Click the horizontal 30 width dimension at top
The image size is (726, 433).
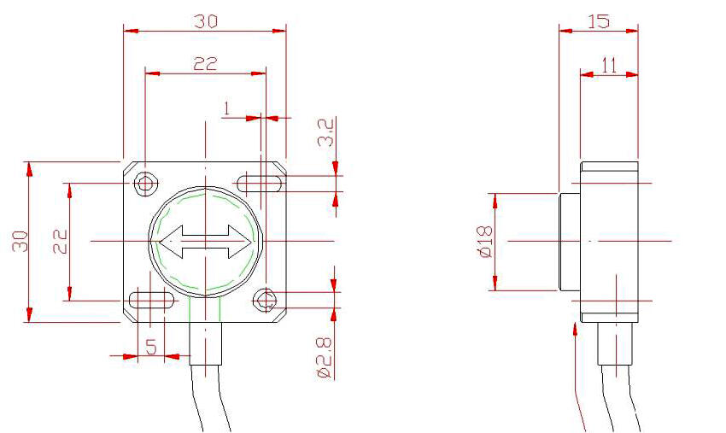204,21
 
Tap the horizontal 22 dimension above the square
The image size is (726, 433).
205,64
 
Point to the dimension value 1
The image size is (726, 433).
226,108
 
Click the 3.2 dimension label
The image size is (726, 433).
325,133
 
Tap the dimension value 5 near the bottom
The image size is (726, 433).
150,347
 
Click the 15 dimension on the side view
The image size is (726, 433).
599,21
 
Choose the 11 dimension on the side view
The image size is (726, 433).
609,64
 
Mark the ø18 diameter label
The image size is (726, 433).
484,242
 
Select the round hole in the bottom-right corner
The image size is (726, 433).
265,300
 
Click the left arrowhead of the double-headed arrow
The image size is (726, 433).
171,242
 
